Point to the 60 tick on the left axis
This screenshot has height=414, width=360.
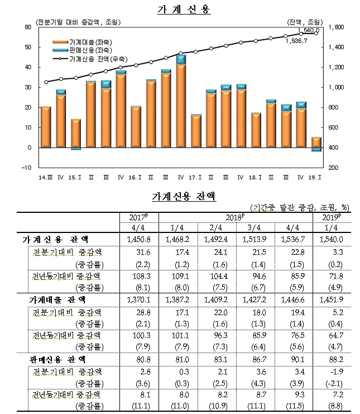27,27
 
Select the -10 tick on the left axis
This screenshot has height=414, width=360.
26,168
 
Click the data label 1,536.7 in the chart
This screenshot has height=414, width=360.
296,40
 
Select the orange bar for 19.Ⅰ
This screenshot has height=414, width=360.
315,142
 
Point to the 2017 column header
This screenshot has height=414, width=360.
137,217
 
